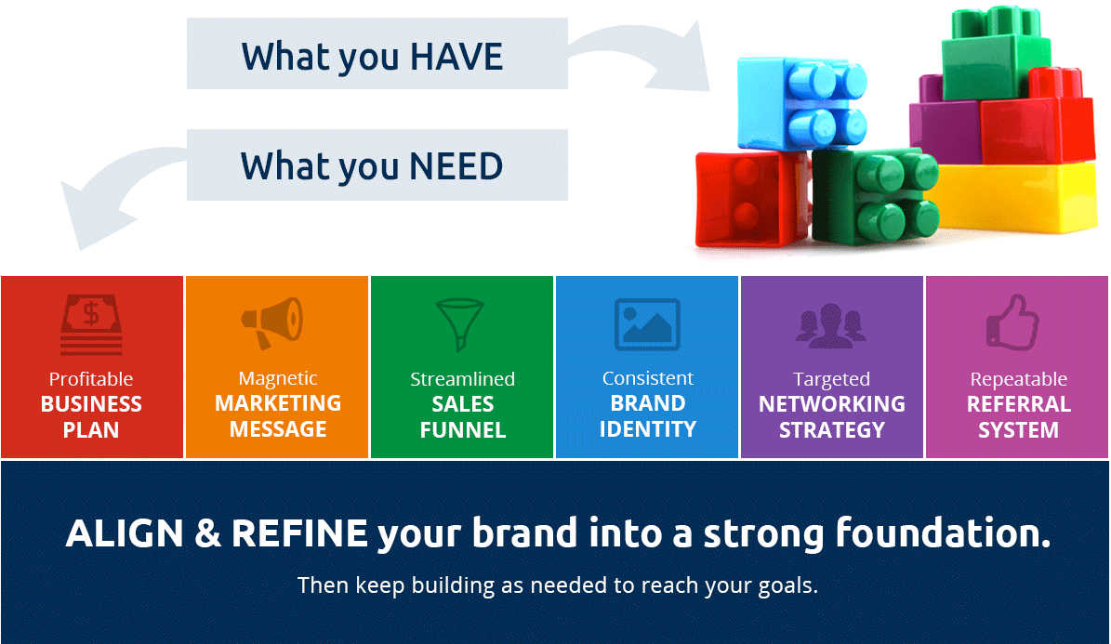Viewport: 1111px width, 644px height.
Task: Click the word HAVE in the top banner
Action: (457, 57)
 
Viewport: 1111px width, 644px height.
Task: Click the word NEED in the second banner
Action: (457, 166)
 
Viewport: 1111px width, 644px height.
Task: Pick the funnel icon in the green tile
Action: (460, 323)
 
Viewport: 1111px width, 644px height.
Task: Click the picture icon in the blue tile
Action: (647, 324)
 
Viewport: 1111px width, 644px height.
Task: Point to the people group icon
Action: (830, 326)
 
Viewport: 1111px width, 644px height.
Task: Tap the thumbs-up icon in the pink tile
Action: (1013, 322)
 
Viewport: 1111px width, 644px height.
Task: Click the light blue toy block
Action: (800, 103)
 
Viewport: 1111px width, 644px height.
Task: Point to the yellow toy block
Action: (1017, 198)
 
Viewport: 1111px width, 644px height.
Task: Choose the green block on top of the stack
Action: (996, 55)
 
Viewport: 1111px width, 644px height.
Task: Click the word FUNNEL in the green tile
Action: (463, 430)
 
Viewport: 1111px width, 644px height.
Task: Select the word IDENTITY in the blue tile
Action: (648, 429)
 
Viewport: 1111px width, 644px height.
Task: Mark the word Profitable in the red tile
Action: (91, 379)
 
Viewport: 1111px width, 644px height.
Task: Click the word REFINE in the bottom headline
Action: (299, 533)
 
